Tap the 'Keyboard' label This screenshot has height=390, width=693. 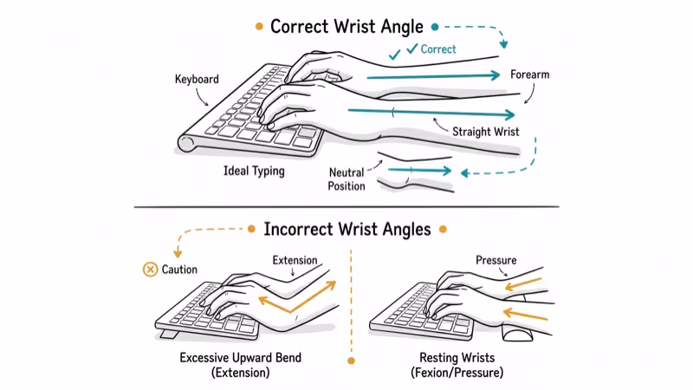pos(197,79)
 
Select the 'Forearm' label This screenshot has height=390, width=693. pos(530,75)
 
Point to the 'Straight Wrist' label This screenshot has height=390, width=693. pos(486,132)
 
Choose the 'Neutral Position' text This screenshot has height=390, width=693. pos(346,179)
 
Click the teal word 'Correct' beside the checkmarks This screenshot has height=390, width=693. pos(438,49)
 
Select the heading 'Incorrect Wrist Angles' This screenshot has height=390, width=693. pos(347,230)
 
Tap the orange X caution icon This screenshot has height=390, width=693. pos(150,270)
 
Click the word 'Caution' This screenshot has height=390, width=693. pos(179,270)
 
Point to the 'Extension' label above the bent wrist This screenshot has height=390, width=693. pos(295,259)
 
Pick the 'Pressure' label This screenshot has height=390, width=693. pos(496,259)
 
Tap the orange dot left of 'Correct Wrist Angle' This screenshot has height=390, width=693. pos(259,27)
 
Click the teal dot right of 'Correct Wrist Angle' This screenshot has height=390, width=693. pos(435,27)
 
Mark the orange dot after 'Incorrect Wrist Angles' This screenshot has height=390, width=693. pos(443,231)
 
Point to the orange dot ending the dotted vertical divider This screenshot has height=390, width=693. pos(351,360)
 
